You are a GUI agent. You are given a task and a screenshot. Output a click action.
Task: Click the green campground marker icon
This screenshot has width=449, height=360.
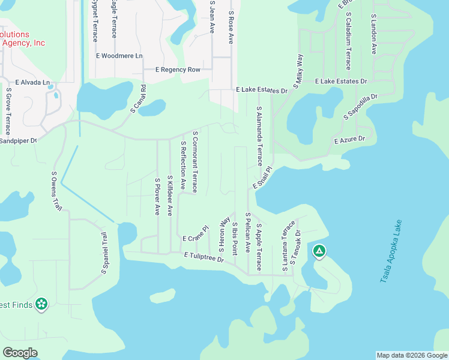319,251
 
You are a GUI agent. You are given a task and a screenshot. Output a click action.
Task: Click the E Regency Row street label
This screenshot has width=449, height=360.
178,70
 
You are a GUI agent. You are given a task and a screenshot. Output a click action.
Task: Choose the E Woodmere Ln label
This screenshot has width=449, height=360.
119,56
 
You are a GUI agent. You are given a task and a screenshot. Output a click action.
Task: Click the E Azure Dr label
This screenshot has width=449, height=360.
349,140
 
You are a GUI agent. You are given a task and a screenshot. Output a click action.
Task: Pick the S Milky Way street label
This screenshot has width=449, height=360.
298,71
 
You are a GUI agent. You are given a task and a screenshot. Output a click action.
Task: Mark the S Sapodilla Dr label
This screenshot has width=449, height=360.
360,106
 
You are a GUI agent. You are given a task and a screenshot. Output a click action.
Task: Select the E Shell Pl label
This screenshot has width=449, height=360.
262,178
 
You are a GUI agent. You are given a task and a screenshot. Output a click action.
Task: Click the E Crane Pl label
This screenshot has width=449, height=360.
195,235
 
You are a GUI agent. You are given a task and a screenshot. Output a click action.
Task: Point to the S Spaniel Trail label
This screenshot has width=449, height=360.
103,253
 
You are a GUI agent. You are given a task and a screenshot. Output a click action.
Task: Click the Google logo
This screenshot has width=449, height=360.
20,353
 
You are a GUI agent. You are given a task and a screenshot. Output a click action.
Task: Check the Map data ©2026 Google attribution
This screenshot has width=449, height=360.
412,355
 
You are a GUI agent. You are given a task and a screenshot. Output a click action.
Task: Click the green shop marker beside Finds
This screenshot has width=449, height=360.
41,305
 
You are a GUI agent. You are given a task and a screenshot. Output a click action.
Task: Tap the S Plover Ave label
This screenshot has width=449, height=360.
157,196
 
